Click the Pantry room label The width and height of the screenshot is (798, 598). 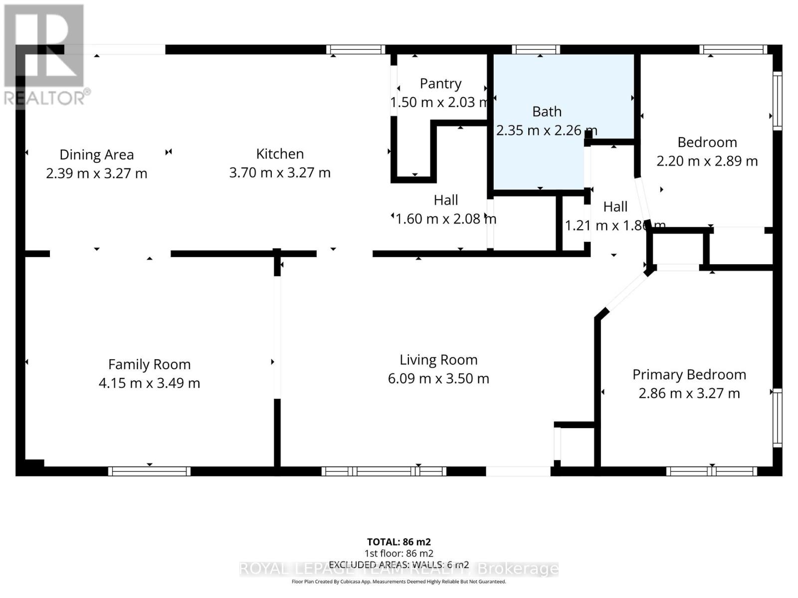pos(440,84)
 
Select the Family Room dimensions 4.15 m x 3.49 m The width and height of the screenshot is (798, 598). pos(149,383)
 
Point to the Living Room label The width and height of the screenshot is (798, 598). pos(438,360)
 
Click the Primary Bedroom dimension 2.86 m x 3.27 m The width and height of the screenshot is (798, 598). pos(689,393)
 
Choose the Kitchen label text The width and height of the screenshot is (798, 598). pos(280,154)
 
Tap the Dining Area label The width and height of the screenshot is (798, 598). pos(96,155)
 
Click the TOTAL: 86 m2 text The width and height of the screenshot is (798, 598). pos(399,542)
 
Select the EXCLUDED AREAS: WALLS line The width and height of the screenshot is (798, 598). pos(399,565)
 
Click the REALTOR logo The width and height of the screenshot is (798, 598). pos(45,55)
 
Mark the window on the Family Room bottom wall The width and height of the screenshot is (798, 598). pos(149,471)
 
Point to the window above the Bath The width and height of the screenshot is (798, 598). pos(536,49)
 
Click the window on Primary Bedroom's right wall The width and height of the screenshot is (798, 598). pos(777,418)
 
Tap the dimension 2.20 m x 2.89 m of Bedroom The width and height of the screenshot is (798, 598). pos(707,161)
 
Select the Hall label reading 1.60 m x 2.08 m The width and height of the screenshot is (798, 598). pos(445,219)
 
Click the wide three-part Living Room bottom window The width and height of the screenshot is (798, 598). pos(384,471)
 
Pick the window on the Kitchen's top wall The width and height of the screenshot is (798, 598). pos(356,49)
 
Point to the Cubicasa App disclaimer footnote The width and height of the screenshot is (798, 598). pos(399,582)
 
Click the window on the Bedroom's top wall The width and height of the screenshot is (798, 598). pos(733,49)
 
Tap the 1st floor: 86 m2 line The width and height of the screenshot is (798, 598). pos(399,553)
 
